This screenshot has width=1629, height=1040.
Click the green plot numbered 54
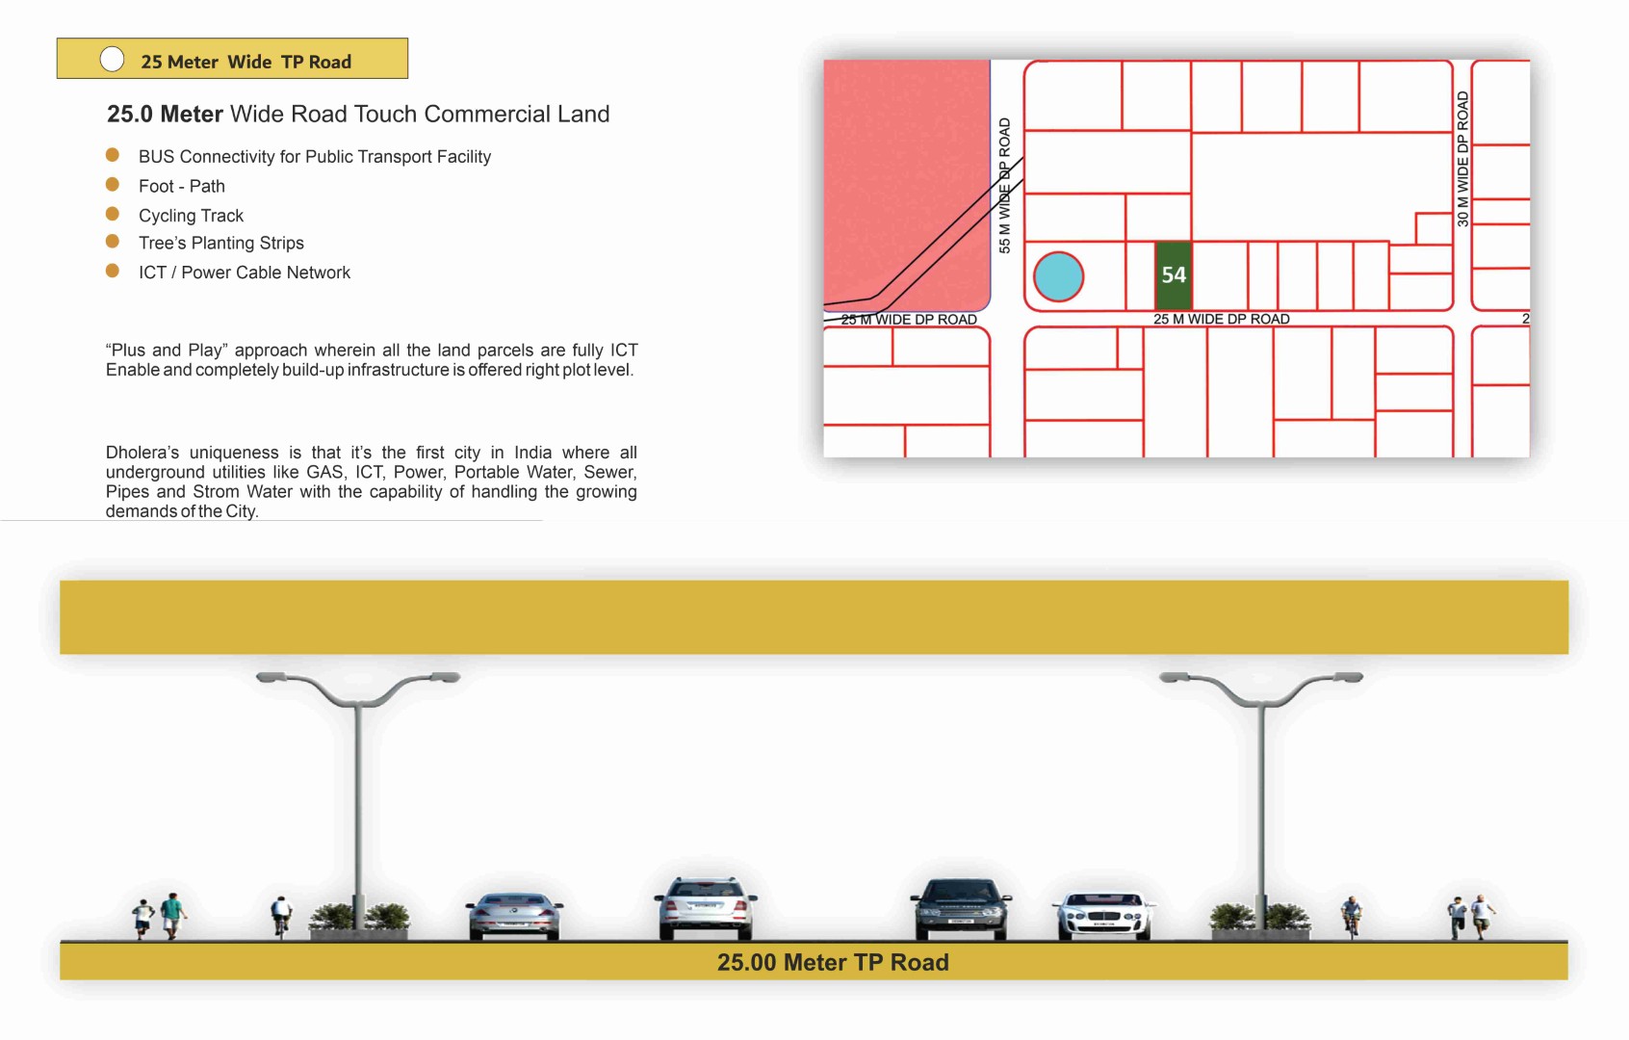click(x=1173, y=274)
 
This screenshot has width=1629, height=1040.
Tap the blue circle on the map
click(x=1058, y=276)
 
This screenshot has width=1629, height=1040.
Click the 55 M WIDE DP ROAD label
click(x=1004, y=186)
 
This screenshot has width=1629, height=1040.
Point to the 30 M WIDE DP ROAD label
click(x=1462, y=159)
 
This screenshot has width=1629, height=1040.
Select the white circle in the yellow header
click(x=112, y=59)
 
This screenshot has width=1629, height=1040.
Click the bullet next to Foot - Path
click(x=112, y=184)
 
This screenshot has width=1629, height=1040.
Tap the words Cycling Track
click(x=191, y=216)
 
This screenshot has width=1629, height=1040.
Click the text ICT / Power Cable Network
click(x=245, y=272)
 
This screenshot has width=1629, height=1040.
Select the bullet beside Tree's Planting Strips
click(x=112, y=241)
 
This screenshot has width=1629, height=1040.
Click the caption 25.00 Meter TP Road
click(x=833, y=962)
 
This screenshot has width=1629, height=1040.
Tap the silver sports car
click(x=514, y=916)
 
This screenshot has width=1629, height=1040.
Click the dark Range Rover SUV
click(x=961, y=909)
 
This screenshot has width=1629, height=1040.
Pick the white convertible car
click(x=1104, y=917)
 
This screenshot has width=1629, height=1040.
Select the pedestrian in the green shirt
click(x=172, y=916)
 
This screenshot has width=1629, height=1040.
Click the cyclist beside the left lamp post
click(x=281, y=916)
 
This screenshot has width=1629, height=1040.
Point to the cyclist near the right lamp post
click(x=1351, y=917)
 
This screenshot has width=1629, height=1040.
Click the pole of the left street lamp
click(x=358, y=815)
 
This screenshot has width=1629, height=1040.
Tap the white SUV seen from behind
click(x=706, y=908)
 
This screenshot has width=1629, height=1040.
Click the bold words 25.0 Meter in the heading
click(x=165, y=115)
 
